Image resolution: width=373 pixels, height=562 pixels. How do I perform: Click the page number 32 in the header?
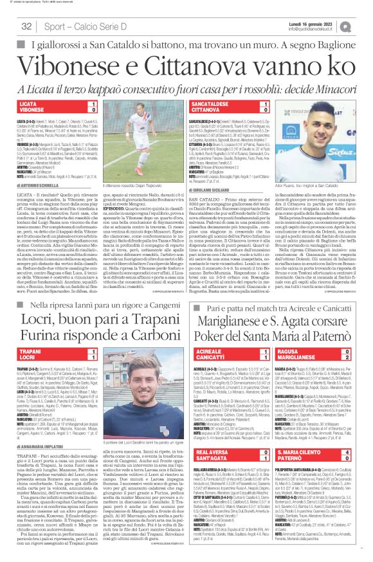point(27,26)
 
